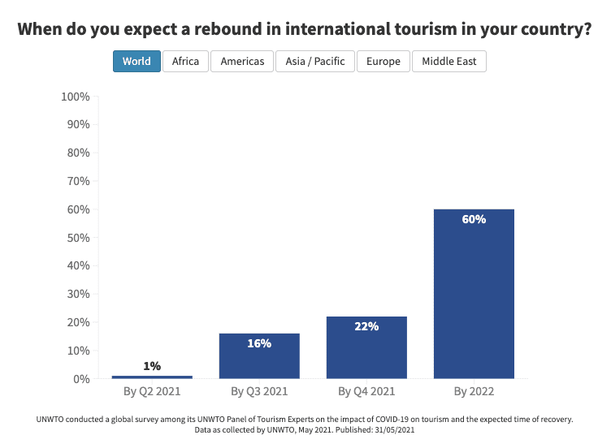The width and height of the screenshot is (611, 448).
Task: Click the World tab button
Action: [x=136, y=62]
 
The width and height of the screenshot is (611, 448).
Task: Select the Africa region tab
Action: [x=185, y=62]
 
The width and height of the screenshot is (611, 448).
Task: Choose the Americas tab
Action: [x=242, y=62]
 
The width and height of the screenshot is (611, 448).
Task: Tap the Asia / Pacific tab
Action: [x=315, y=62]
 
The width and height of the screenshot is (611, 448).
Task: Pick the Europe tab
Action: [x=383, y=62]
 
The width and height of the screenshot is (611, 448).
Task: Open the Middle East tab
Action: [x=449, y=62]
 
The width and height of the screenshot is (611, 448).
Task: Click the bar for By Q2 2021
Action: [x=152, y=377]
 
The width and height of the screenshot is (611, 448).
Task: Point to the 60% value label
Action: [x=474, y=220]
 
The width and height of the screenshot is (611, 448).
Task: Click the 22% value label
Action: [x=366, y=327]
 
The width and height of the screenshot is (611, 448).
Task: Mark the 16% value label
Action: [x=259, y=343]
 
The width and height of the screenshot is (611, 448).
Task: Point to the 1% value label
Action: [x=152, y=366]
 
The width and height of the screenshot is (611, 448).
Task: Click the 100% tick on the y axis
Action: [x=75, y=97]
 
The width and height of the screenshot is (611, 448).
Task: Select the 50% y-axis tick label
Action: [x=77, y=238]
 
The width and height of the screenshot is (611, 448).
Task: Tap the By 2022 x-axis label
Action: [x=474, y=392]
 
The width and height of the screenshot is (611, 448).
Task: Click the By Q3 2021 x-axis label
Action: [x=259, y=392]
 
